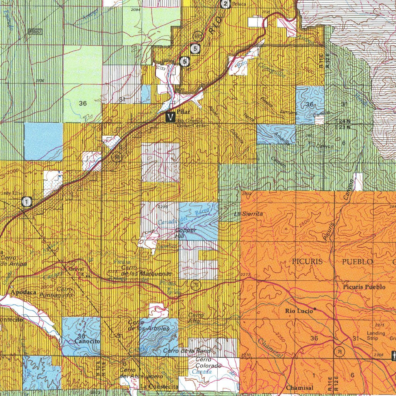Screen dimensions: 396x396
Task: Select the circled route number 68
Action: (x=116, y=157)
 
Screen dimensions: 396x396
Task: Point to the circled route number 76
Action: (x=339, y=352)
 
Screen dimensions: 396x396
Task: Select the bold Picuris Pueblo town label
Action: (x=364, y=287)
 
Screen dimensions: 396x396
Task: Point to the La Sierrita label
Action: (x=248, y=214)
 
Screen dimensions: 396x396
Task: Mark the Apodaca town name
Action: (x=24, y=292)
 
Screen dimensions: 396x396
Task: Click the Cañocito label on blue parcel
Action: (x=87, y=341)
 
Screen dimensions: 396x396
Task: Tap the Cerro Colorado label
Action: (x=208, y=363)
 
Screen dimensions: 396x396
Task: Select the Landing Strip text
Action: (x=376, y=336)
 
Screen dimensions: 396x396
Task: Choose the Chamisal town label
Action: (x=300, y=387)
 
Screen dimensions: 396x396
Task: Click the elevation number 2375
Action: (x=380, y=325)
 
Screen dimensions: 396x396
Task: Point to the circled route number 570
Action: (x=198, y=36)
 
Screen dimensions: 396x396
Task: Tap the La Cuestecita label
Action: (x=159, y=387)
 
